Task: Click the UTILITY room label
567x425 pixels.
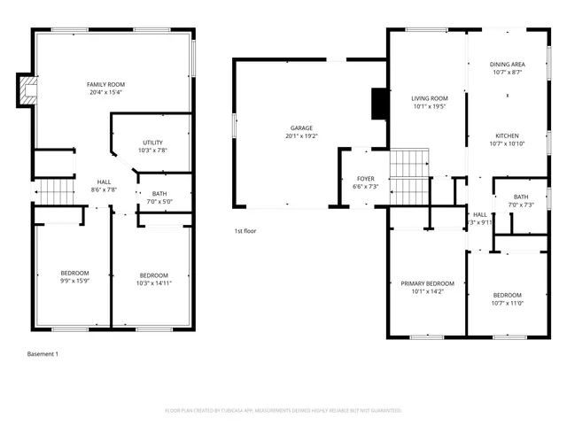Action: tap(152, 142)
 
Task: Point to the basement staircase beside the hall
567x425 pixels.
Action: tap(53, 189)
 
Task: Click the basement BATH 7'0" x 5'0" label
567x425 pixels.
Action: tap(159, 197)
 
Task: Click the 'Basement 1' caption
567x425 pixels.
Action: tap(43, 354)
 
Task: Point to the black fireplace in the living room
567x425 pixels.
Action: tap(378, 104)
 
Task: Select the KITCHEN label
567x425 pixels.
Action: tap(508, 135)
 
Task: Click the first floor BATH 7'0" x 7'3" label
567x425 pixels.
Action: tap(521, 201)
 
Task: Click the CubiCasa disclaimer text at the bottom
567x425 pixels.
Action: tap(283, 411)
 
